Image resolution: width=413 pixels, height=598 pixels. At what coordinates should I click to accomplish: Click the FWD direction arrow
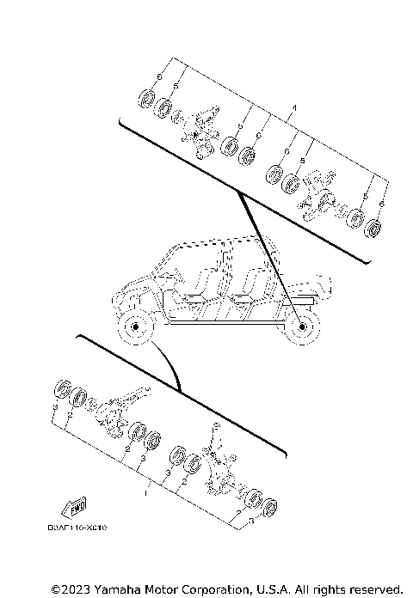[75, 503]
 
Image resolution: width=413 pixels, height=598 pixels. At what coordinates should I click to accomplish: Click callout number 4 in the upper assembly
[294, 107]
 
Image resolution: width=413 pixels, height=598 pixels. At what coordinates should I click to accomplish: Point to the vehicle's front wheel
[132, 329]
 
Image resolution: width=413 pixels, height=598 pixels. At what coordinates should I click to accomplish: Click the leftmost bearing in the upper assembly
[145, 96]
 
